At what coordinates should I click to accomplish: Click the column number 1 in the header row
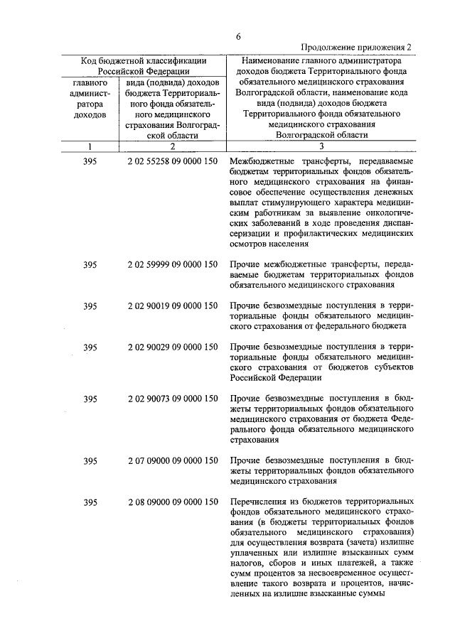[x=90, y=146]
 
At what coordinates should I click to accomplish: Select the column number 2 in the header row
[x=172, y=146]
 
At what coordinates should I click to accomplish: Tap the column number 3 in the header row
[x=321, y=146]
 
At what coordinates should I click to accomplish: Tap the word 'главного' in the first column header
[x=90, y=82]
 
